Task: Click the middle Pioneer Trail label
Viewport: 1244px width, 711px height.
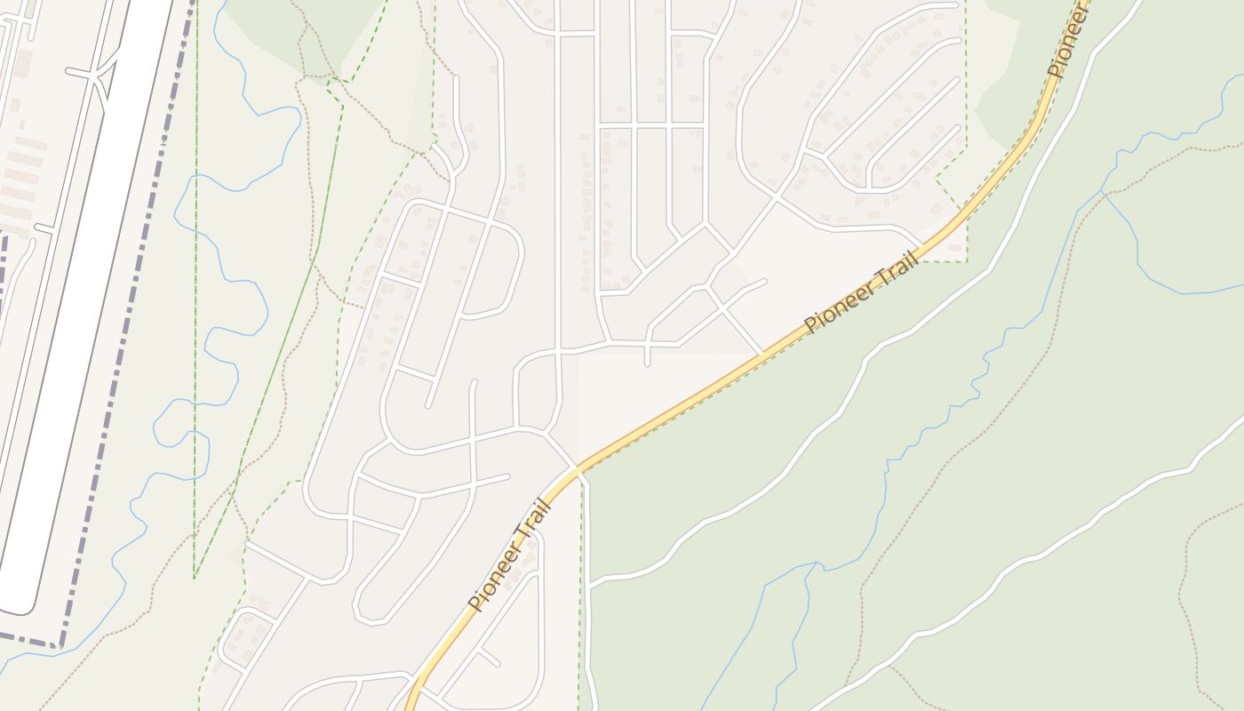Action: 860,293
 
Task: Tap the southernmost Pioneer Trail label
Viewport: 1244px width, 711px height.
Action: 511,556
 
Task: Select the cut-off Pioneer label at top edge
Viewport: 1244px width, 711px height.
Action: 1067,40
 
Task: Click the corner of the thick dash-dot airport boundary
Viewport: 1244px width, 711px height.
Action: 60,643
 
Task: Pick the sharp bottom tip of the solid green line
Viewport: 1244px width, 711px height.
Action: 195,578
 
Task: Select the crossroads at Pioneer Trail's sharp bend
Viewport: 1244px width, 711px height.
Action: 577,468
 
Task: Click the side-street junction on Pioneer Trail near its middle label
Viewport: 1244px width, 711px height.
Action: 762,355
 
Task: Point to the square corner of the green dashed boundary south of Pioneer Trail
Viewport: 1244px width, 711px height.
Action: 965,261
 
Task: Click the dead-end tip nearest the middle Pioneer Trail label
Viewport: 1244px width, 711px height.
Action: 764,282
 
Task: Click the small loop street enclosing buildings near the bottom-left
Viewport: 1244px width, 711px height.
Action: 244,638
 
